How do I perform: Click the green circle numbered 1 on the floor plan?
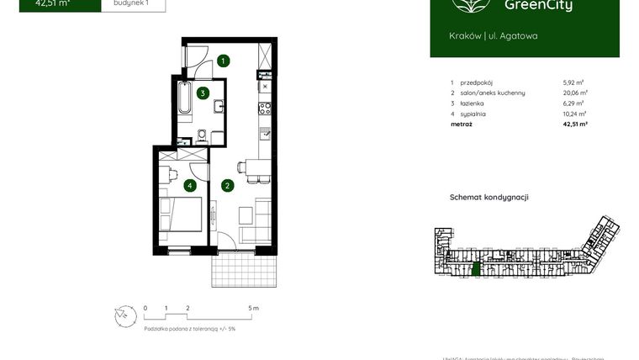(223, 61)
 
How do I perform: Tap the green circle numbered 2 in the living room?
(226, 186)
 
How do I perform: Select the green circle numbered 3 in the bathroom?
(203, 93)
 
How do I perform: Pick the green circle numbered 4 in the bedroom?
(191, 186)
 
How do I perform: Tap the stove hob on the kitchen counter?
(265, 108)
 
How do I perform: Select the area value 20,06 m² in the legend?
(575, 93)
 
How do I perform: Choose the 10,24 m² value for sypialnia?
(575, 113)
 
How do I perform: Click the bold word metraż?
(461, 124)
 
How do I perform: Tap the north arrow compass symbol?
(124, 315)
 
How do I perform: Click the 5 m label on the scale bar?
(254, 309)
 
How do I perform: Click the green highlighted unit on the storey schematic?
(476, 269)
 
